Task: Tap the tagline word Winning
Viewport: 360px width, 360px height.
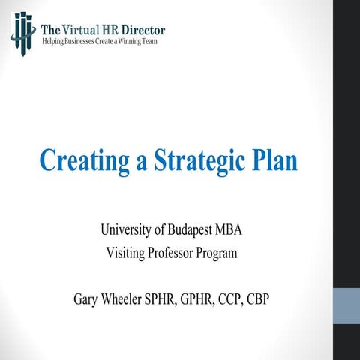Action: [136, 40]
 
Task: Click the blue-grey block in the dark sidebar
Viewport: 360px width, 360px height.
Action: [346, 306]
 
